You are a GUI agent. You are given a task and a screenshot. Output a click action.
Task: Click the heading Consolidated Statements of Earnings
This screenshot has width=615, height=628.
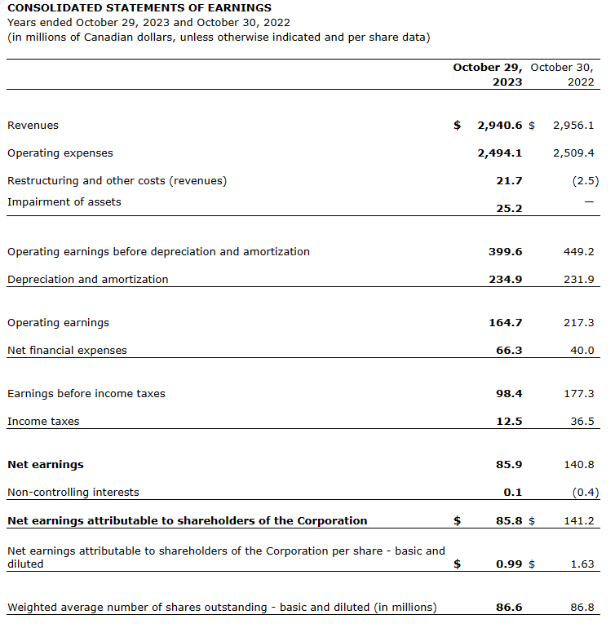click(139, 8)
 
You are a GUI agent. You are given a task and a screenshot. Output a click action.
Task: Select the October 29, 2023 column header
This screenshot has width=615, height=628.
click(488, 74)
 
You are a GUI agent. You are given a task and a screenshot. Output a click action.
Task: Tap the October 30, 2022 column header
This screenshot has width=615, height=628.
click(562, 74)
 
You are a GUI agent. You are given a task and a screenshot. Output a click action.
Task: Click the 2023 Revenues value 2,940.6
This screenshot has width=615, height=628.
click(500, 126)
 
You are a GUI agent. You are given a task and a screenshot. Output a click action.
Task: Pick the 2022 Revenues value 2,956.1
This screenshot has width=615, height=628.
click(573, 126)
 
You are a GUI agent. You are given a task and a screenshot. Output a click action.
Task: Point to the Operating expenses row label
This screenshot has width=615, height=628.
click(60, 153)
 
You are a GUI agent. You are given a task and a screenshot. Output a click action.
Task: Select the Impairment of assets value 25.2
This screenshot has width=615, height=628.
click(509, 208)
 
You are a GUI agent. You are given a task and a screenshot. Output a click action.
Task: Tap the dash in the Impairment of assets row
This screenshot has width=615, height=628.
click(589, 201)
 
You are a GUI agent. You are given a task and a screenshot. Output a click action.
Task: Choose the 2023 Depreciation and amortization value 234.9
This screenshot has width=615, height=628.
click(506, 279)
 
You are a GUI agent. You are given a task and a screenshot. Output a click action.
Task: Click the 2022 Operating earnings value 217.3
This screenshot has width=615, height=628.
click(579, 323)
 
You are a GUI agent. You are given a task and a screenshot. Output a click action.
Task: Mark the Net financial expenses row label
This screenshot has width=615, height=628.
click(67, 351)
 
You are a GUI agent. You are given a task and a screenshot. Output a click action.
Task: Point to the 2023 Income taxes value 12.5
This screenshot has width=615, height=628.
click(509, 422)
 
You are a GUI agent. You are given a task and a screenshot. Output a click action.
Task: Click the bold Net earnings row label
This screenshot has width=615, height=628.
click(46, 465)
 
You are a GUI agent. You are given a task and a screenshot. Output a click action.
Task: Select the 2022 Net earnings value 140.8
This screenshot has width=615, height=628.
click(579, 465)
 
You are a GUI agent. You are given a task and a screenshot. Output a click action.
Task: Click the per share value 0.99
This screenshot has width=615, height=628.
click(509, 564)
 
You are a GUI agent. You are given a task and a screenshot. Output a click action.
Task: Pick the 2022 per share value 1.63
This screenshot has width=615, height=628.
click(582, 564)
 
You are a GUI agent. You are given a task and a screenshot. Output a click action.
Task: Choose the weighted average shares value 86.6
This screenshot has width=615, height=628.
click(509, 608)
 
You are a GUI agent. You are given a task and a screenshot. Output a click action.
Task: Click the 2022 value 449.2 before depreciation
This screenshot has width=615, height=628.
click(579, 252)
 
